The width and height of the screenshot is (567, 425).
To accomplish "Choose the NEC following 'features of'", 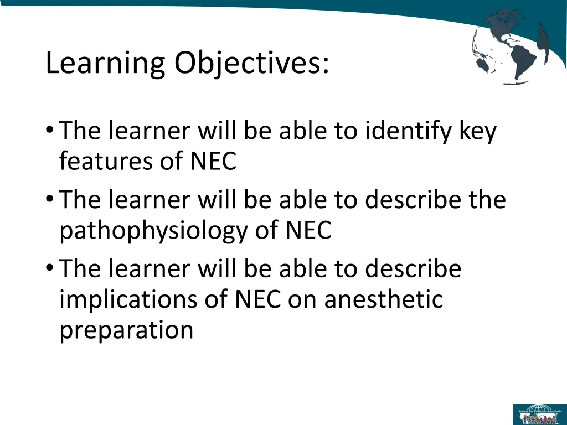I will click(214, 162).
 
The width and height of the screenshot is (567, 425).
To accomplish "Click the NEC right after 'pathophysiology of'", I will click(308, 231).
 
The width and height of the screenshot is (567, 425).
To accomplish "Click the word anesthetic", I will click(384, 299).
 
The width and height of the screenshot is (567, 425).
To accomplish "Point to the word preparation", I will click(126, 330).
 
